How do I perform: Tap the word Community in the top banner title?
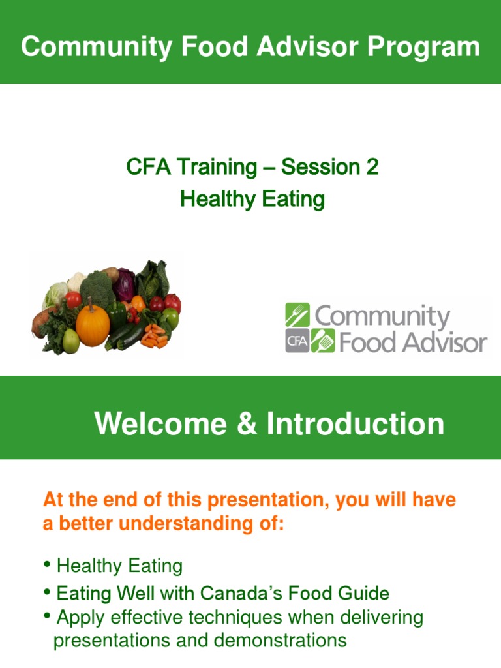point(85,47)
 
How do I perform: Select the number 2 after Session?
point(371,167)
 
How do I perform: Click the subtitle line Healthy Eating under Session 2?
point(252,199)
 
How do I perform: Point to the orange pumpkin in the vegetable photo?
point(93,324)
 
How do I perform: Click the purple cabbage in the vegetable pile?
point(123,284)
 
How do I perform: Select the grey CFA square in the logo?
point(297,341)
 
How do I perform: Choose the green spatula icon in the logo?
point(322,341)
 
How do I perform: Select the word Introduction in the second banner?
point(355,424)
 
